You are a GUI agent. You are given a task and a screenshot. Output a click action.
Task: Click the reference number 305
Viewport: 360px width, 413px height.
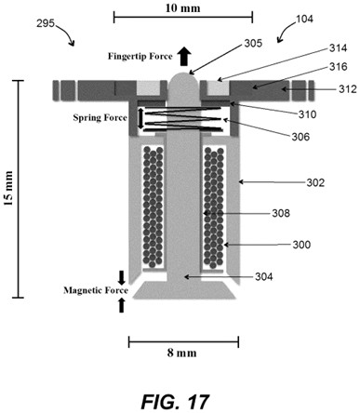tap(253, 44)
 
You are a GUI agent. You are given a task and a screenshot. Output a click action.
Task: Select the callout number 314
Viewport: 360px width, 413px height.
tap(338, 48)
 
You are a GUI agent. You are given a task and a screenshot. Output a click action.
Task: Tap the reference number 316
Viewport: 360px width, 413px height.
tap(339, 67)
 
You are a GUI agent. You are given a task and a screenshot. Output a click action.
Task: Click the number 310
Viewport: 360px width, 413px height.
tap(307, 114)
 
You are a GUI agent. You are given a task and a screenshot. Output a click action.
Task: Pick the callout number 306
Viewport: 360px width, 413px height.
tap(300, 137)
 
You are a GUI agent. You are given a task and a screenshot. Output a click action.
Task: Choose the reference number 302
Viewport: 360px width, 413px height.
tap(315, 182)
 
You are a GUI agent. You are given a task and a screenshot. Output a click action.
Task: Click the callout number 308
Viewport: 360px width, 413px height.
tap(281, 213)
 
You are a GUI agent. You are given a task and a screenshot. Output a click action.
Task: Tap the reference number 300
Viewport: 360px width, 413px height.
tap(301, 245)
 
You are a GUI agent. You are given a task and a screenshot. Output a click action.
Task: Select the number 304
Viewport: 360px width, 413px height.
tap(264, 276)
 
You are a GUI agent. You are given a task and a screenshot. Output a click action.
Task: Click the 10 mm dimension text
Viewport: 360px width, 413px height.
tap(182, 8)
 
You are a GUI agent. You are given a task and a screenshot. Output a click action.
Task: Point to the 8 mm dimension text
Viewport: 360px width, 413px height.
tap(182, 353)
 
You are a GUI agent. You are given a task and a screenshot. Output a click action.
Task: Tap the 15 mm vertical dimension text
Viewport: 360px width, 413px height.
tap(8, 188)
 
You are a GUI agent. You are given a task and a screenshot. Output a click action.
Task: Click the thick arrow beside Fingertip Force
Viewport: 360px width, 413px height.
tap(184, 57)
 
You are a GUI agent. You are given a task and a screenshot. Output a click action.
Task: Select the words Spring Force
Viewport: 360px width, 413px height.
tap(100, 118)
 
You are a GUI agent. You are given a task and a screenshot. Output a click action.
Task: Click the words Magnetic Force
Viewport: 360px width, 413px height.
tap(96, 290)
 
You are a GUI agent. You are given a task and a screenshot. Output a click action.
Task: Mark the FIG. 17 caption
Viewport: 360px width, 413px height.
tap(175, 402)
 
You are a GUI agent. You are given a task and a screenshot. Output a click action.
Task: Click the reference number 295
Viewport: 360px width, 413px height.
tap(46, 23)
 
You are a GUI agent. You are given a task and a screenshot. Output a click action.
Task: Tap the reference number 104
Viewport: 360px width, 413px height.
tap(304, 19)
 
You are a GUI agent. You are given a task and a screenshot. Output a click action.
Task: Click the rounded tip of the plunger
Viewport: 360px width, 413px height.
tap(184, 79)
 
